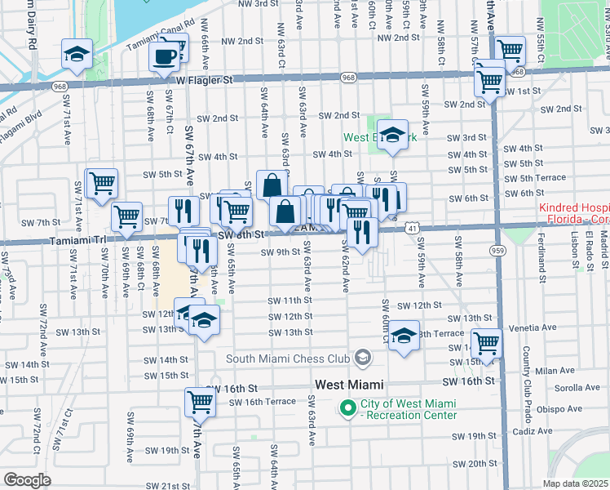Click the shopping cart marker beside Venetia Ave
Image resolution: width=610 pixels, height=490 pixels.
pos(486,342)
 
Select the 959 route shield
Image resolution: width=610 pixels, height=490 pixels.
pos(496,248)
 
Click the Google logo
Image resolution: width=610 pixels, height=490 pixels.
pos(27,480)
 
